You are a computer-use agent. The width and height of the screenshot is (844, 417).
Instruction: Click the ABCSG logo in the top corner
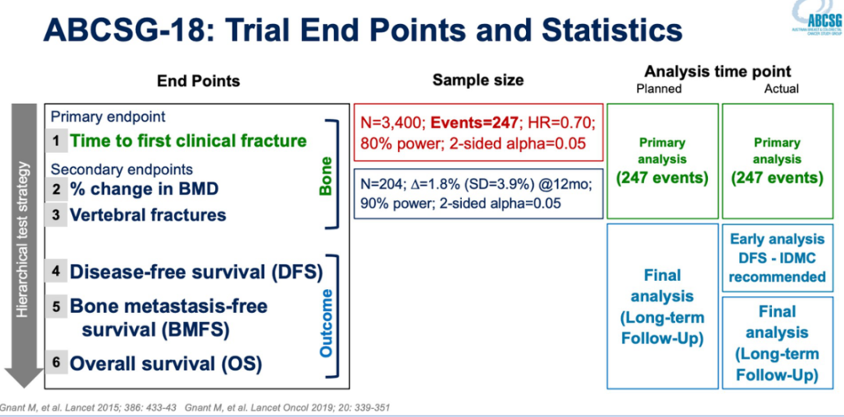tap(816, 20)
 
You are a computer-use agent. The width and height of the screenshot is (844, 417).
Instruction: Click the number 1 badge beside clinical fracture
tap(56, 141)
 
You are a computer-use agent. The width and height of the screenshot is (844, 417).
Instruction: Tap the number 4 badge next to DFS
tap(56, 273)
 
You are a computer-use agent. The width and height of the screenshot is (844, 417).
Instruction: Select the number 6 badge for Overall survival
tap(56, 363)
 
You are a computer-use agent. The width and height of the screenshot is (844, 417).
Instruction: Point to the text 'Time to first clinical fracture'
tap(188, 141)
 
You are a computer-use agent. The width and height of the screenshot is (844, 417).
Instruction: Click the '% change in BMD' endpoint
tap(144, 189)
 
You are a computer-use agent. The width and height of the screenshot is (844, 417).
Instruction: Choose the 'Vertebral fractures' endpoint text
tap(148, 215)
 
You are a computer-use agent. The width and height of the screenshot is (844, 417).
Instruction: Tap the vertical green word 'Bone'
tap(326, 175)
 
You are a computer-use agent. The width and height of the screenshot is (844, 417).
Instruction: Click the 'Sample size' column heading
tap(478, 80)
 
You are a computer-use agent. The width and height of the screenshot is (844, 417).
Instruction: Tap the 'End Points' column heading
tap(198, 81)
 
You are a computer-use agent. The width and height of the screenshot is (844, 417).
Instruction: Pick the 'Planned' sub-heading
tap(660, 88)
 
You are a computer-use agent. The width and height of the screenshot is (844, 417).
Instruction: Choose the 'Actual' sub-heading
tap(781, 88)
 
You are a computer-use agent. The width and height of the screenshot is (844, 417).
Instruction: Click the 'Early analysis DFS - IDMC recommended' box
tap(778, 258)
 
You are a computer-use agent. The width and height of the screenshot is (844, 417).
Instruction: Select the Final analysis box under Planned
tap(662, 306)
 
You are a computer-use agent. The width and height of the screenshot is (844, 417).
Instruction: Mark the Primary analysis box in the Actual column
tap(778, 160)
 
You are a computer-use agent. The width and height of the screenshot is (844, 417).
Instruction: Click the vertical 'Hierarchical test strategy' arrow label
tap(24, 238)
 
